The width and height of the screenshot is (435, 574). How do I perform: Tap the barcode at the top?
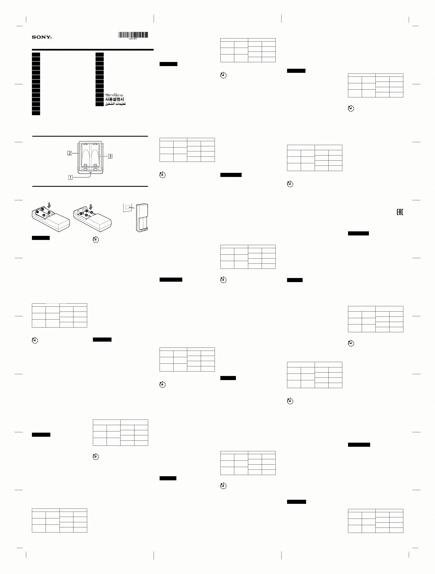click(133, 35)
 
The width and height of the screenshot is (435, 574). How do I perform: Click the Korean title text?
click(114, 99)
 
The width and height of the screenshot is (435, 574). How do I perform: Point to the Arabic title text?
click(115, 104)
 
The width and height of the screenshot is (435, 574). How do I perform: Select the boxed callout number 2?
click(69, 153)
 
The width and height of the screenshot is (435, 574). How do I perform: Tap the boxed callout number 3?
click(110, 156)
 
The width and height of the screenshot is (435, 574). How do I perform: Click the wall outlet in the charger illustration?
click(127, 207)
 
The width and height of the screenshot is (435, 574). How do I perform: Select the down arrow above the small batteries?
click(91, 207)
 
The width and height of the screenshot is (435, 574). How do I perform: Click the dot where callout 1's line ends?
click(90, 172)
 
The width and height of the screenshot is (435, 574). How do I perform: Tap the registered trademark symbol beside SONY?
click(51, 38)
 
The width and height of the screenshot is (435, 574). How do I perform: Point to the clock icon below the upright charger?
click(96, 240)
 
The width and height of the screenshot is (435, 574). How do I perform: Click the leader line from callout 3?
click(104, 156)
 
